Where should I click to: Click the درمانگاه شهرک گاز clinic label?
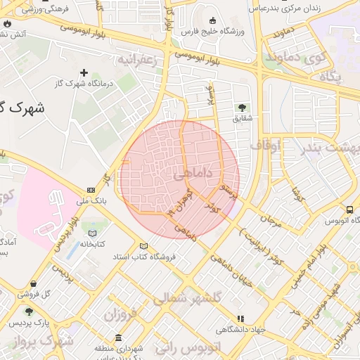[x=84, y=84]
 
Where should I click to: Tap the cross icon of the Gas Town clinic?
[x=84, y=72]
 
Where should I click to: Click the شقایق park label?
[x=242, y=119]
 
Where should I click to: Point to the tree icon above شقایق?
[x=242, y=108]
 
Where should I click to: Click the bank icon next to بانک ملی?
[x=91, y=191]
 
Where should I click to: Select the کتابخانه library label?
[x=92, y=244]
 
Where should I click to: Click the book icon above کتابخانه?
[x=92, y=233]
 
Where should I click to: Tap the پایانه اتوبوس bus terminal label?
[x=340, y=220]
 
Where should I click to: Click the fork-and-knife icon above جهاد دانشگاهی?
[x=241, y=318]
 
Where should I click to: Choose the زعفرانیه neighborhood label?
[x=141, y=59]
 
